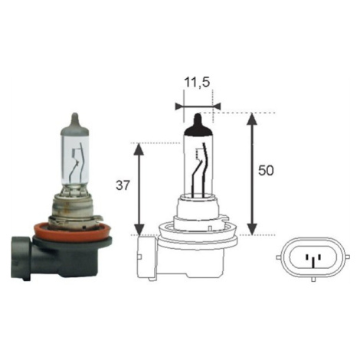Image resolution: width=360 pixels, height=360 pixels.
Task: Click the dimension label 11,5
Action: [197, 83]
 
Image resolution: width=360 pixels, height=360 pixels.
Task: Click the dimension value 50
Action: [266, 170]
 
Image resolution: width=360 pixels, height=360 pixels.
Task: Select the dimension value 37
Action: [123, 185]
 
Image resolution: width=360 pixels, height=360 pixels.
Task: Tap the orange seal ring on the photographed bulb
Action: [72, 233]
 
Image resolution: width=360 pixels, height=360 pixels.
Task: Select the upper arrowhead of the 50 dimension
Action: [252, 119]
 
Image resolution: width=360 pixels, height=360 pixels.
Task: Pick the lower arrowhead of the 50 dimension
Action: [252, 229]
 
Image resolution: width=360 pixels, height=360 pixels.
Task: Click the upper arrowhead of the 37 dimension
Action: [139, 149]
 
